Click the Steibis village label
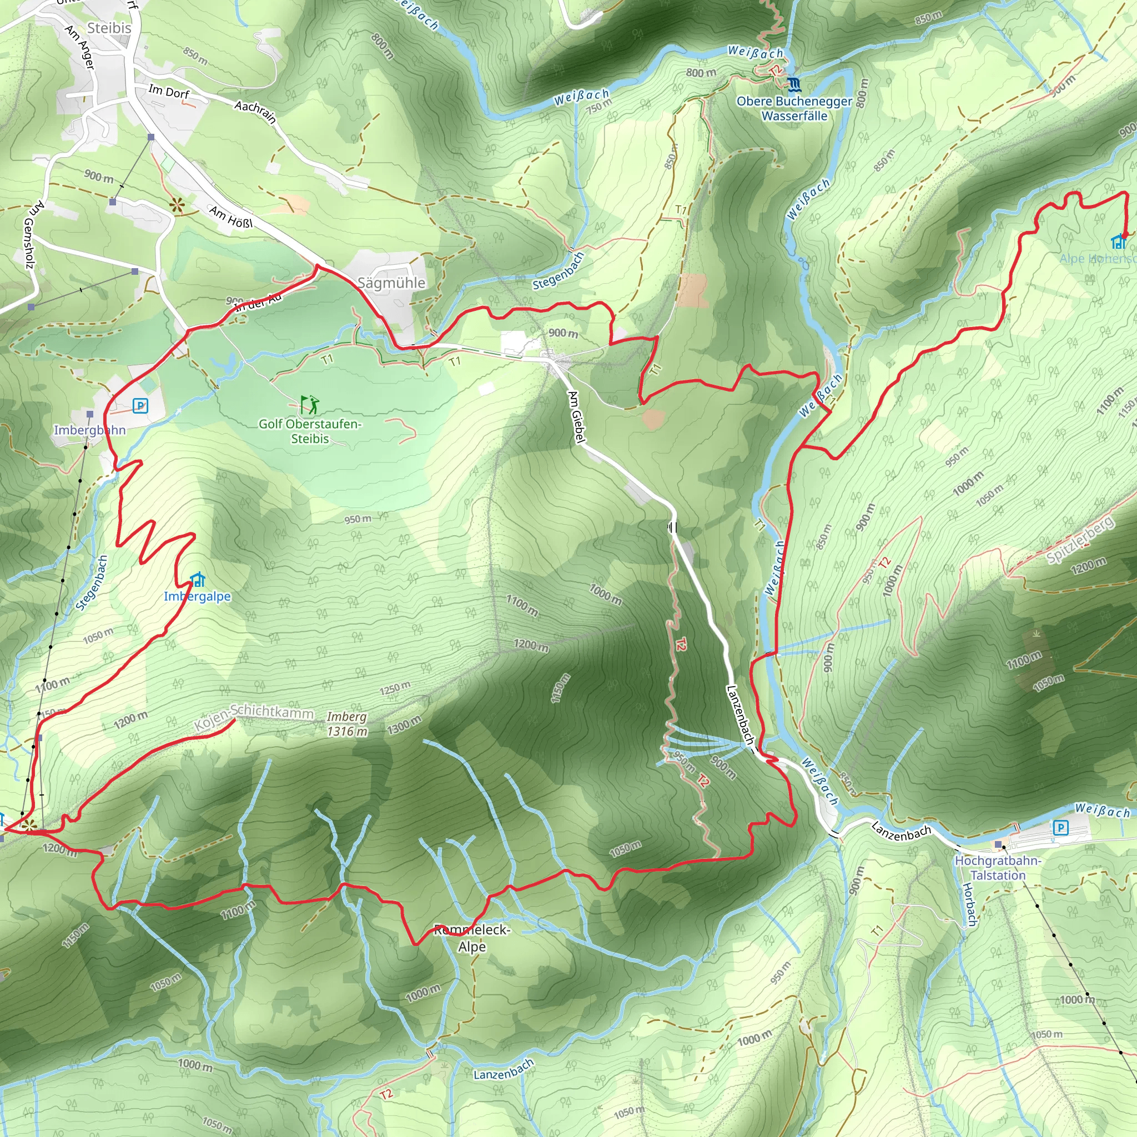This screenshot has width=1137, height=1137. click(x=109, y=28)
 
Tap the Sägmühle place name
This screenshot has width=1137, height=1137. click(x=391, y=283)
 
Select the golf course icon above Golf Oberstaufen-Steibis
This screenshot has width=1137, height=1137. click(x=310, y=405)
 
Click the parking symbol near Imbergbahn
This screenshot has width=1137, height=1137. click(x=140, y=405)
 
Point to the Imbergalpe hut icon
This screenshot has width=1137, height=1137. click(x=198, y=580)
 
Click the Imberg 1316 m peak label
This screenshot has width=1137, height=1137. click(x=346, y=724)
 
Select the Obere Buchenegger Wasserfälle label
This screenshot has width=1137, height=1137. click(x=794, y=108)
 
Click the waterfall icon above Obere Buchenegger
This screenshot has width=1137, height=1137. click(x=794, y=84)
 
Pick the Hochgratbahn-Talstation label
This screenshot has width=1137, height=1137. click(x=998, y=868)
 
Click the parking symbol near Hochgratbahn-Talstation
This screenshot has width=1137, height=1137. click(x=1060, y=828)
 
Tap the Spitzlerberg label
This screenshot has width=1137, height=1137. click(x=1080, y=540)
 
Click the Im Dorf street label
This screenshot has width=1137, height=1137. click(x=169, y=92)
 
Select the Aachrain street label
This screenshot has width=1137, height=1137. click(x=255, y=111)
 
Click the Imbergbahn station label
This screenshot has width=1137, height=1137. click(x=89, y=430)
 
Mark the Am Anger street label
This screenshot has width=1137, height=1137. click(x=80, y=47)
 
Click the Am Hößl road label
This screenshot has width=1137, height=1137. click(x=232, y=217)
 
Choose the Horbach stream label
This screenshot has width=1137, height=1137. click(x=970, y=904)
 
